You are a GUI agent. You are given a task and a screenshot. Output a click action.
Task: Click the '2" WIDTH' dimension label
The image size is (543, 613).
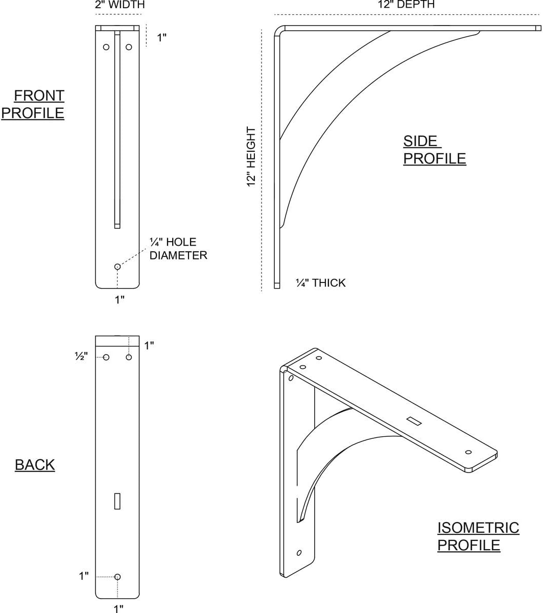coord(120,5)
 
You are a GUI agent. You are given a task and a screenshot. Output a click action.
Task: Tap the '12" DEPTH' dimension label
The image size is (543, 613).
coord(406,4)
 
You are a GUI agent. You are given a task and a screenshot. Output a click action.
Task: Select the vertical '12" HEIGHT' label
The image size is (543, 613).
coord(251,157)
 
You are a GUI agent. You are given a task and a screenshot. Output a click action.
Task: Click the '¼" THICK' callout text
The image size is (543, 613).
coord(320,283)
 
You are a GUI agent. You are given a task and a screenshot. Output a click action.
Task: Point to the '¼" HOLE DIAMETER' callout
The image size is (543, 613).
coord(178,249)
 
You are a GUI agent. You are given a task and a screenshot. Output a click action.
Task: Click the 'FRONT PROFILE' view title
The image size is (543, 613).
coord(33,104)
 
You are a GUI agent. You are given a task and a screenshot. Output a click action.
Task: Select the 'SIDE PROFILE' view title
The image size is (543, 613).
coord(434,150)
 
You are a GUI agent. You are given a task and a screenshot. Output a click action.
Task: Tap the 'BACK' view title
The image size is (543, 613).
coord(35,465)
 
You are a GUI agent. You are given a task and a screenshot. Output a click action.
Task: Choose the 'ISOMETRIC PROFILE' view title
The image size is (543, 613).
coord(478,536)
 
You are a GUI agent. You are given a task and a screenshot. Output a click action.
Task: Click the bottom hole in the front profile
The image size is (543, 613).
coord(117,267)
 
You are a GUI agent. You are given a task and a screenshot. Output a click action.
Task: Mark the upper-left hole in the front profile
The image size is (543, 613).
coord(106,47)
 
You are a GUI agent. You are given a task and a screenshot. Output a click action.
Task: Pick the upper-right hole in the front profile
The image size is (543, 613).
coord(129,47)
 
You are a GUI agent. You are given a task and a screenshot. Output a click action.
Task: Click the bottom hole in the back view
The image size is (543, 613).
coord(117,577)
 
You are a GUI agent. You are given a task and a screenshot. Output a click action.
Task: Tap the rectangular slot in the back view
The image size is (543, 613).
coord(117,501)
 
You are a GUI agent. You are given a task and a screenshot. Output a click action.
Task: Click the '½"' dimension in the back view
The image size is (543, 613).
coord(81,356)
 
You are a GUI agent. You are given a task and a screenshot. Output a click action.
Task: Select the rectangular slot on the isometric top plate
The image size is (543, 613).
coord(414,421)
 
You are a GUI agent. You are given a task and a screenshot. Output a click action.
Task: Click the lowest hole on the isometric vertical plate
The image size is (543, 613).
coord(299,553)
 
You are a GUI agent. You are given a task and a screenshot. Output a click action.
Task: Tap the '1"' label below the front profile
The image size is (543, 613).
coord(120,300)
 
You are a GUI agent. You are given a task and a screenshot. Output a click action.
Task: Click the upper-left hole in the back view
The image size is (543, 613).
coord(106,358)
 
